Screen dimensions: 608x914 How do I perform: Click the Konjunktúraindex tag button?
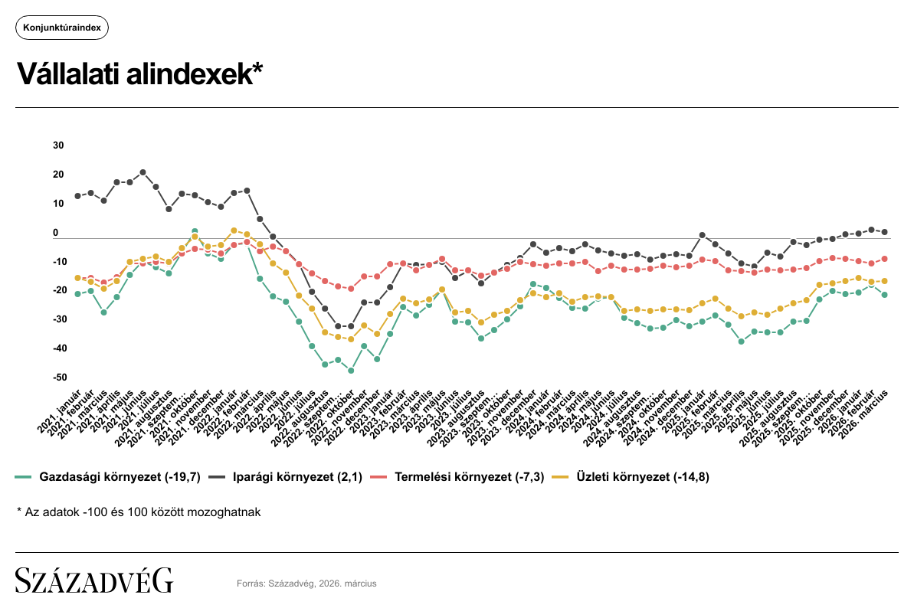(62, 28)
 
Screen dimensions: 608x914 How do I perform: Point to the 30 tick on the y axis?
(59, 145)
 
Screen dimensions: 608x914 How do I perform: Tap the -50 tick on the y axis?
(59, 378)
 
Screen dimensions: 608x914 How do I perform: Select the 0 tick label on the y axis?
(56, 233)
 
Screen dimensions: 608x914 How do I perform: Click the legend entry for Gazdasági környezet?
(108, 477)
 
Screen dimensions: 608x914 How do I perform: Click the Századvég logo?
(94, 581)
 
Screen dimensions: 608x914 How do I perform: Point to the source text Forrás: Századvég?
(306, 583)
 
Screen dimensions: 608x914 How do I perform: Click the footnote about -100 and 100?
(139, 512)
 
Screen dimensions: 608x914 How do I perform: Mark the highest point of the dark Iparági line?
(143, 172)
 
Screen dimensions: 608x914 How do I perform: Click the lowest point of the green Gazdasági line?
(351, 371)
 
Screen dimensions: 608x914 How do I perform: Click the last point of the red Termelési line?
(884, 259)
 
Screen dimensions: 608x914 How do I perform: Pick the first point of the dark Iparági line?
(77, 196)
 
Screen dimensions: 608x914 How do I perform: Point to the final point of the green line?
(884, 295)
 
